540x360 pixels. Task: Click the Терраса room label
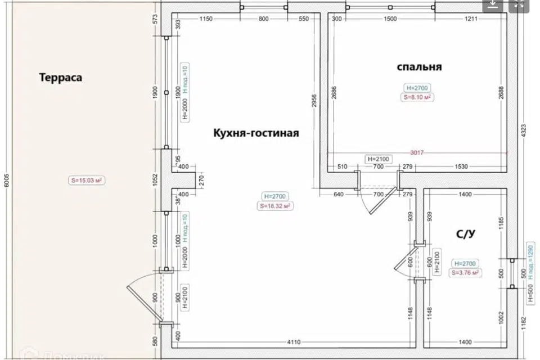click(x=61, y=78)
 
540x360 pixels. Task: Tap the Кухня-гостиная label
click(x=256, y=133)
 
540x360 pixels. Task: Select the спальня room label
click(x=419, y=67)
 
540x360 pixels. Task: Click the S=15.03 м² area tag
click(x=88, y=181)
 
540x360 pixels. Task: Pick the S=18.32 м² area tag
click(x=275, y=206)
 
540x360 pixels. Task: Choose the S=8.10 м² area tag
click(x=417, y=97)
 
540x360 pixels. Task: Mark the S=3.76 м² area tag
click(x=465, y=273)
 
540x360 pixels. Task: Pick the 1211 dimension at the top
click(x=471, y=19)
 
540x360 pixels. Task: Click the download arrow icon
click(x=493, y=5)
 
